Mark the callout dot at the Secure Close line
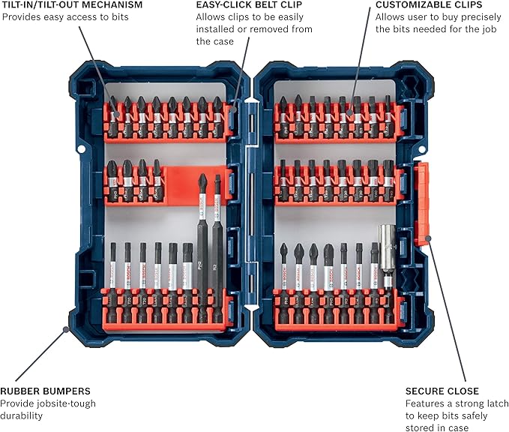tap(428, 241)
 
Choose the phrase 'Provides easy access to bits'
tap(65, 16)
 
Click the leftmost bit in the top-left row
tap(112, 112)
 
